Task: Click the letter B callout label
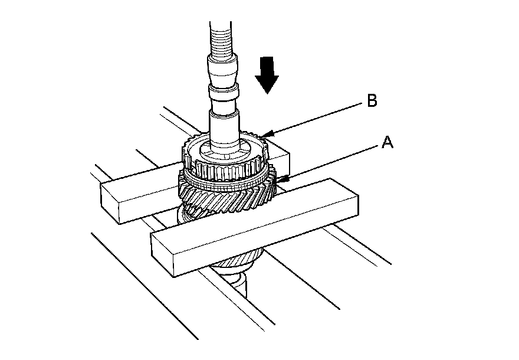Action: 372,101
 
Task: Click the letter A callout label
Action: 387,142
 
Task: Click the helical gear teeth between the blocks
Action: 230,198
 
